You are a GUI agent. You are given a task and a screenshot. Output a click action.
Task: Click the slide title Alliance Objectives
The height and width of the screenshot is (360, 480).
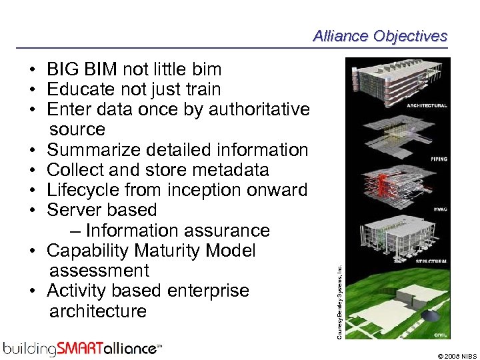pos(380,36)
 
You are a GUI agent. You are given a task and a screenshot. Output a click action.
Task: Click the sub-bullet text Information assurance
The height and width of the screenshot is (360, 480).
pos(177,231)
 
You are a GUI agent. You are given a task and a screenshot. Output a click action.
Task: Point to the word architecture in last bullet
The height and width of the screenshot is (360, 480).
pos(98,311)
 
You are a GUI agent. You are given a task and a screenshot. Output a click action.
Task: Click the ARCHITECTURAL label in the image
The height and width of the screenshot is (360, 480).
pos(427,106)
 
